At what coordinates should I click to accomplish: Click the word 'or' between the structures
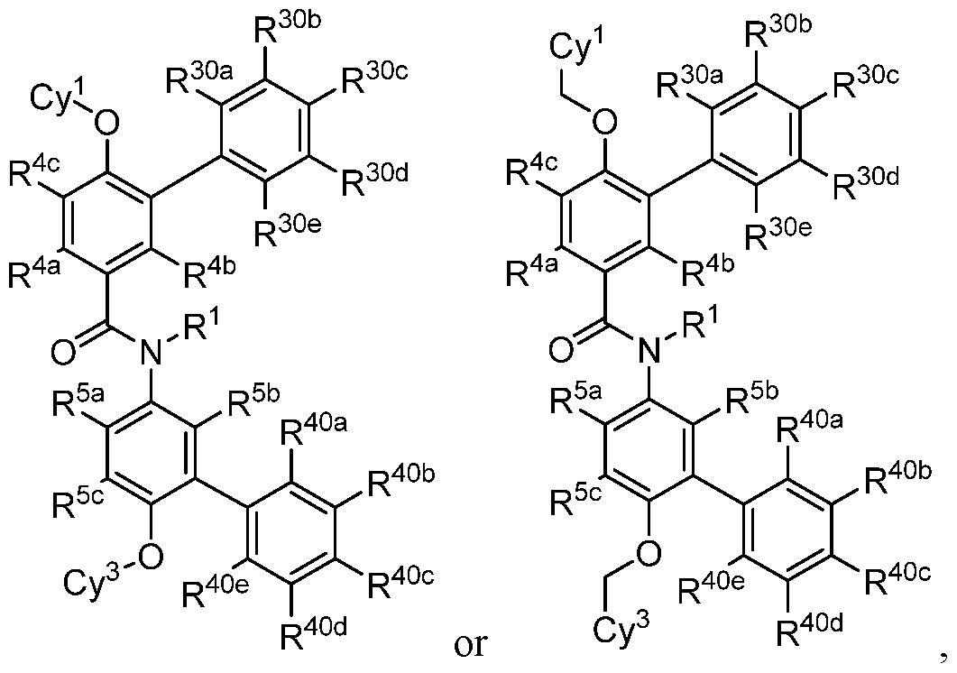[x=471, y=646]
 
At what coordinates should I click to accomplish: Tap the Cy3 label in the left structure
[x=92, y=577]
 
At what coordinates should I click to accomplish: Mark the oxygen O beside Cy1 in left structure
[x=107, y=124]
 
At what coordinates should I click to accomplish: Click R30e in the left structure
[x=288, y=231]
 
